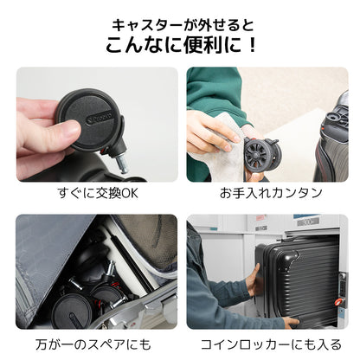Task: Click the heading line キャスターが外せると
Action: click(x=180, y=22)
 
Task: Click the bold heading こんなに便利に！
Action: click(x=180, y=45)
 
